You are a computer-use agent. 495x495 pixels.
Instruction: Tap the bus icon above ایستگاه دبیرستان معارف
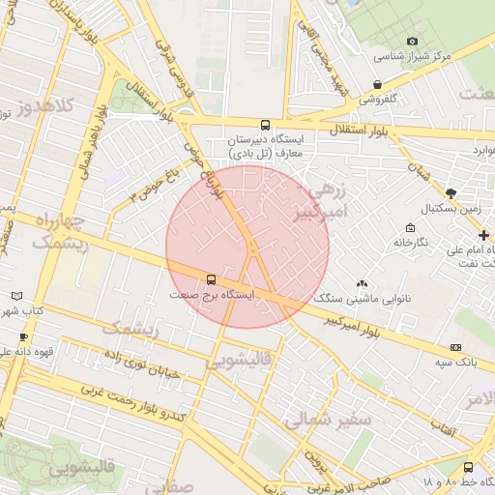coord(266,125)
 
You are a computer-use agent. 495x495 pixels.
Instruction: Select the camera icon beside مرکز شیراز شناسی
coord(413,42)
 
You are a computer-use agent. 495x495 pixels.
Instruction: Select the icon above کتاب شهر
coord(15,296)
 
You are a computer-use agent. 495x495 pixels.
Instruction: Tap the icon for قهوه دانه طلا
coord(23,336)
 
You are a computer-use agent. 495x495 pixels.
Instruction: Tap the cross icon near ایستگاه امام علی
coord(483,235)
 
